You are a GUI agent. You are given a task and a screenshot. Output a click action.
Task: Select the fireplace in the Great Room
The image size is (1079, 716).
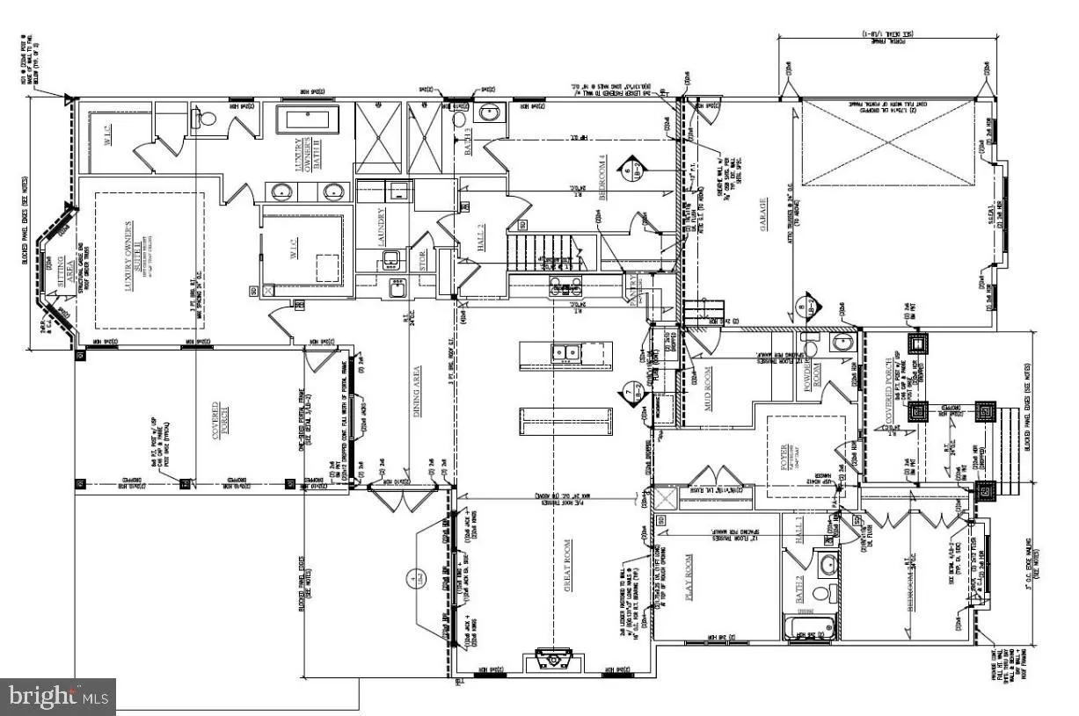click(x=552, y=658)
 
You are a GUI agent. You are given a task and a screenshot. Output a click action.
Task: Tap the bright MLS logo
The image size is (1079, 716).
click(x=57, y=698)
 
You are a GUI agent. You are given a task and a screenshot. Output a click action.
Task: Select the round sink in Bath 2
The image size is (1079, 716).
click(x=826, y=563)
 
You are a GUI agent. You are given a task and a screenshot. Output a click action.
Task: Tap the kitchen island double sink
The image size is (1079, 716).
click(x=565, y=353)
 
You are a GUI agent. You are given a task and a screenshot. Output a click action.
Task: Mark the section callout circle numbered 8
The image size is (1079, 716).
click(x=803, y=309)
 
